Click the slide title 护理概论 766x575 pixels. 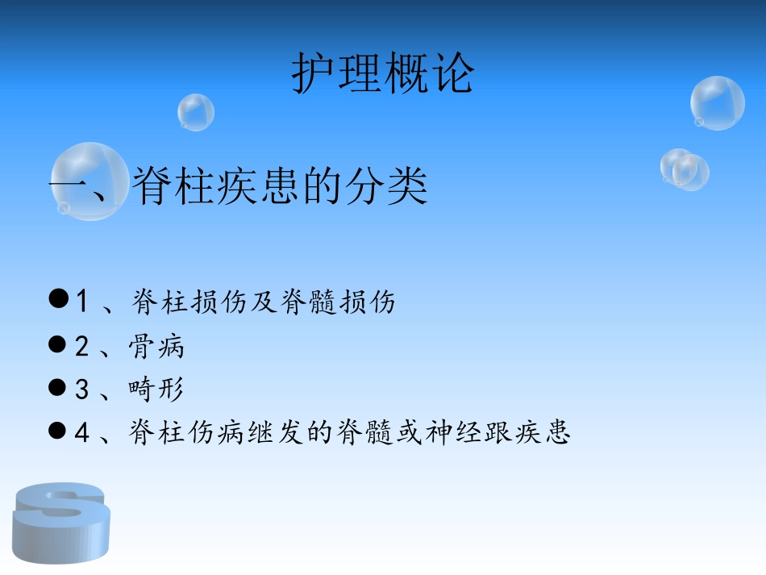[383, 74]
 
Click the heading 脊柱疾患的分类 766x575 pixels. [279, 185]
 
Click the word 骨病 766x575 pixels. [156, 346]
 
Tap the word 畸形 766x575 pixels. [156, 390]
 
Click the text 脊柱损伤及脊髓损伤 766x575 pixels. [262, 302]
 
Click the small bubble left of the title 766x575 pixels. [196, 112]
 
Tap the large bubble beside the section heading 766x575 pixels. [89, 181]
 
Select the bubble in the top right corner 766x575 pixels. [717, 102]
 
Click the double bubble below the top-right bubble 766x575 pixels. [685, 169]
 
